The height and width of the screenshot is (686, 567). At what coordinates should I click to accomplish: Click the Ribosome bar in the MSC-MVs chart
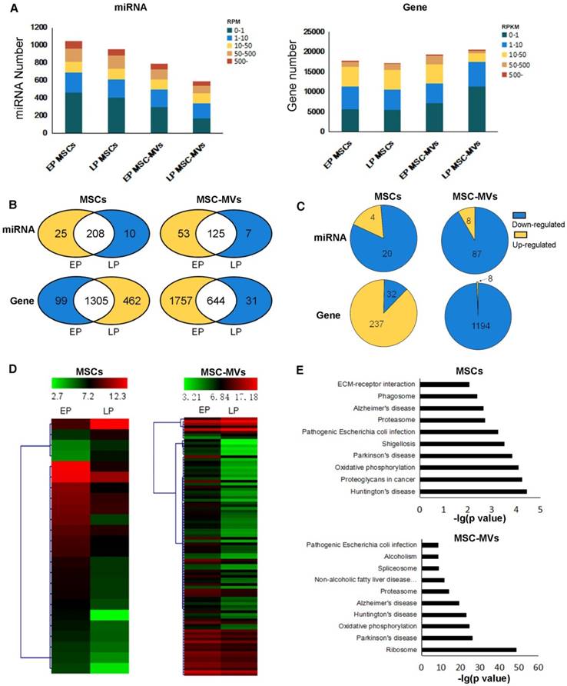pos(469,650)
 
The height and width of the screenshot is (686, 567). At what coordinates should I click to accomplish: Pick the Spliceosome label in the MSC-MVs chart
pos(396,568)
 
